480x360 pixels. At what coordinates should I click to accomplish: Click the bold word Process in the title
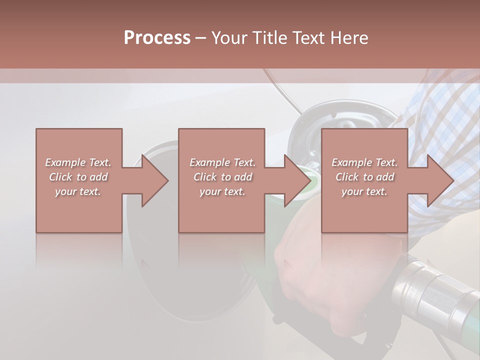click(x=157, y=38)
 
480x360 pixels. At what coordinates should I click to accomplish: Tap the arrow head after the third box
click(x=440, y=180)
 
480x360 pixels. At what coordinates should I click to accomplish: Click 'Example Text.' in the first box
click(x=78, y=162)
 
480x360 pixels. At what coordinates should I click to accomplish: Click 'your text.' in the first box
click(x=78, y=191)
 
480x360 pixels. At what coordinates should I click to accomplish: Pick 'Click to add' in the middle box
click(x=222, y=177)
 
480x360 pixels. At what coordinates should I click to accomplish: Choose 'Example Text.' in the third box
click(x=364, y=162)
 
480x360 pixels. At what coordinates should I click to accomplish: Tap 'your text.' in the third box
click(x=364, y=191)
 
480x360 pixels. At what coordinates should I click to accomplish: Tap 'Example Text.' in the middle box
click(x=222, y=162)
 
